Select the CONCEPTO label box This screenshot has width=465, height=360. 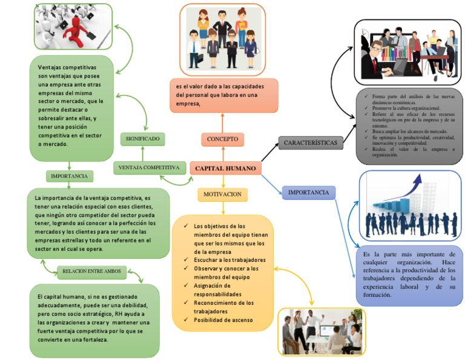[x=222, y=139]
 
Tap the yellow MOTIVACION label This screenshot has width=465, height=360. [x=223, y=195]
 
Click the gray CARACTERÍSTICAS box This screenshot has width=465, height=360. [x=310, y=143]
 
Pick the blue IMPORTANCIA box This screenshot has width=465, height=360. [x=308, y=193]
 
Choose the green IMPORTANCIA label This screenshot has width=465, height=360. [x=69, y=176]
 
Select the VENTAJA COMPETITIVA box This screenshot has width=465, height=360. [x=148, y=167]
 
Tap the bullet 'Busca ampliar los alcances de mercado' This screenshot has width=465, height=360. [x=409, y=131]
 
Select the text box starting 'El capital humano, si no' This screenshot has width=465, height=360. [x=94, y=318]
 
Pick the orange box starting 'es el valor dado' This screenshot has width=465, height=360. [x=223, y=95]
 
